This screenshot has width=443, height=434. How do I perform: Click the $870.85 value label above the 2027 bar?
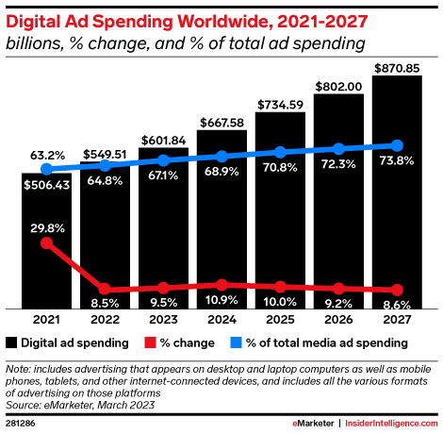click(x=397, y=67)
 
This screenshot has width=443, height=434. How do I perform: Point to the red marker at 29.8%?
click(x=47, y=243)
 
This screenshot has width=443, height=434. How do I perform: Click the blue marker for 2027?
click(x=397, y=145)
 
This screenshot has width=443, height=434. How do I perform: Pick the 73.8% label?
click(x=397, y=165)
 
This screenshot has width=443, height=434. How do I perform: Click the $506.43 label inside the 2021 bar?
click(x=47, y=185)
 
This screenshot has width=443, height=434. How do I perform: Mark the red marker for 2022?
click(x=106, y=289)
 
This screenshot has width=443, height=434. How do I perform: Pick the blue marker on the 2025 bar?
click(x=280, y=152)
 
